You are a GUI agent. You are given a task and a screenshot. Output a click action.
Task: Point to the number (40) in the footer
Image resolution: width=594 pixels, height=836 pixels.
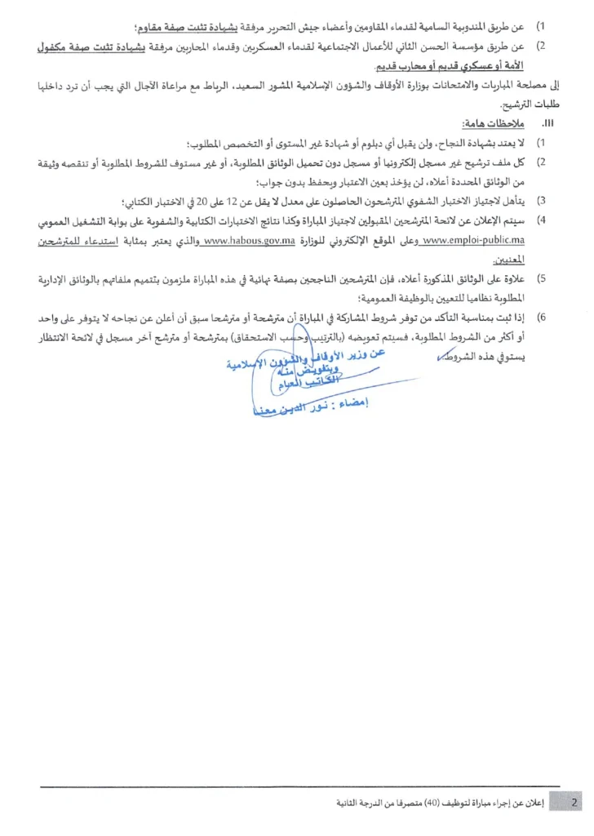click(437, 803)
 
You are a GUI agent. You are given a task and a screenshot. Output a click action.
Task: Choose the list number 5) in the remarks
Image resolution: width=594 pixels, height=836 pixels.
click(540, 280)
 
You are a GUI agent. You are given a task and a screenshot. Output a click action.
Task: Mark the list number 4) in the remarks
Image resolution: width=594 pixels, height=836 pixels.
click(540, 220)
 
